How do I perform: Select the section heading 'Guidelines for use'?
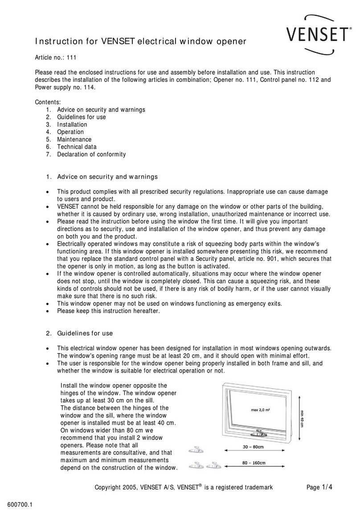point(85,333)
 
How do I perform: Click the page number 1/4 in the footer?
point(326,487)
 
